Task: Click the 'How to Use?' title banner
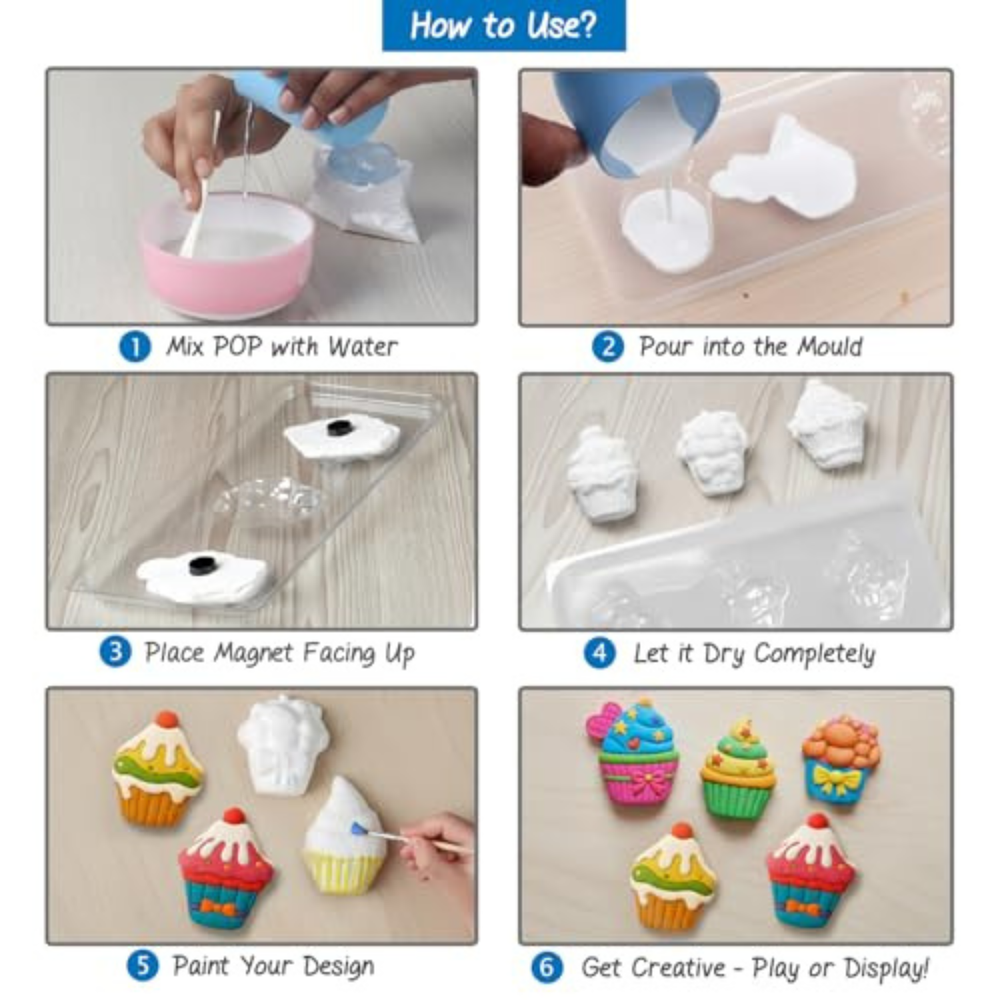(x=503, y=25)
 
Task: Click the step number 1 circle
(x=135, y=347)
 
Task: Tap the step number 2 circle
(x=608, y=347)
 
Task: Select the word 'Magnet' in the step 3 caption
(x=253, y=653)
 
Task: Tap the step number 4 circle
(x=599, y=653)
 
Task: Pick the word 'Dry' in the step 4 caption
(x=724, y=655)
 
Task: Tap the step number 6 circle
(x=547, y=967)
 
